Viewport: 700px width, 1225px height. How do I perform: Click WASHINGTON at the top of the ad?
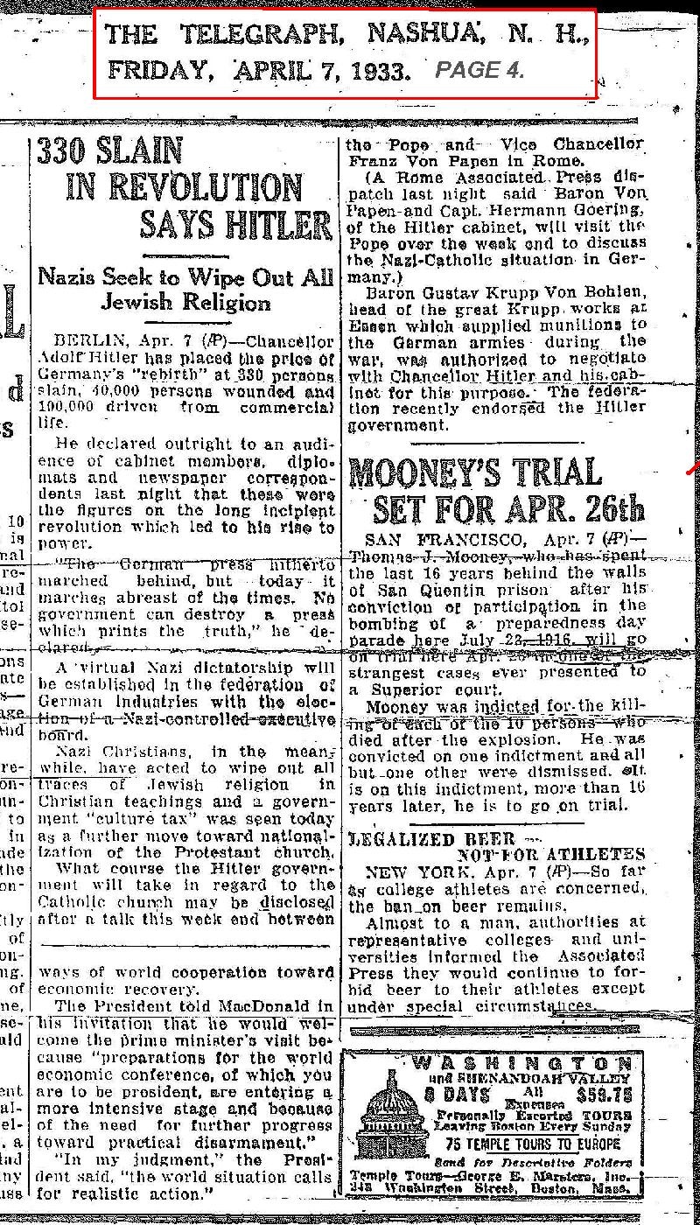521,1062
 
